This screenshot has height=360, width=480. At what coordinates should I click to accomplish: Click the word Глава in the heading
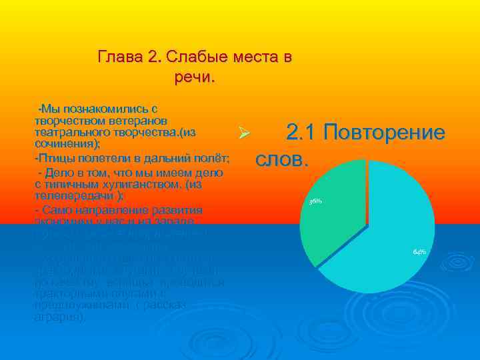click(117, 56)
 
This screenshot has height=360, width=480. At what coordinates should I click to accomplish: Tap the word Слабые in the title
click(185, 56)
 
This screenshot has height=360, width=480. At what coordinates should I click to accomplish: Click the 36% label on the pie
click(315, 201)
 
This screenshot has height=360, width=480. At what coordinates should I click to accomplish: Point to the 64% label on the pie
click(419, 251)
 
